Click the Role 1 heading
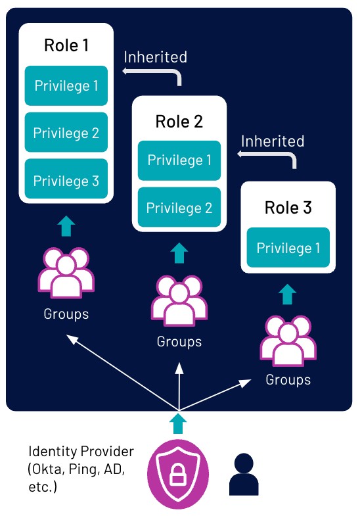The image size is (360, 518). point(66,45)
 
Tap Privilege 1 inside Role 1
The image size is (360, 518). point(66,86)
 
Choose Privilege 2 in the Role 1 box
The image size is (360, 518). point(66,132)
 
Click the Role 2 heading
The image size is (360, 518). point(179,122)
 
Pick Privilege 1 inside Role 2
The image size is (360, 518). point(179,160)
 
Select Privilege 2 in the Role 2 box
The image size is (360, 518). point(179,207)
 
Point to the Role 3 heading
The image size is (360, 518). point(288,208)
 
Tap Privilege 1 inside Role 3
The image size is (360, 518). point(288,247)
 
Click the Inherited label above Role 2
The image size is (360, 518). point(156,57)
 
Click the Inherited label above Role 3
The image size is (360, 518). point(273,141)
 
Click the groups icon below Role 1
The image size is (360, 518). point(66,273)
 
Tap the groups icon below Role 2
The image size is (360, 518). point(179,300)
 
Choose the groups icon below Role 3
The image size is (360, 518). point(288,341)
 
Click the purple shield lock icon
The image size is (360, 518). point(178,474)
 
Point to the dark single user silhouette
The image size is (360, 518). point(244,474)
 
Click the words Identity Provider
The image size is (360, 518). point(81,452)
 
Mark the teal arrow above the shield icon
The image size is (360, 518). point(178,423)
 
